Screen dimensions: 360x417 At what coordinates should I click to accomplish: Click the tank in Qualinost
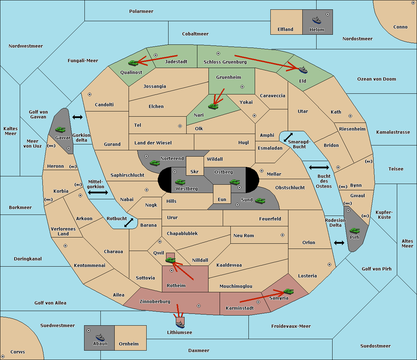tap(133, 63)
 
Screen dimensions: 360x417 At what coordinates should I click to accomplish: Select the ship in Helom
tap(317, 20)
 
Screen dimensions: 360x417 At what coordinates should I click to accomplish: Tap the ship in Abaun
tap(100, 337)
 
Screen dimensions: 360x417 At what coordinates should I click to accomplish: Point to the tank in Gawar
tap(60, 129)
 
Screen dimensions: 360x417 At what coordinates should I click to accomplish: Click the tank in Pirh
tap(355, 231)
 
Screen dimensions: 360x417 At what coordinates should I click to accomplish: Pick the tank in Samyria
tap(288, 291)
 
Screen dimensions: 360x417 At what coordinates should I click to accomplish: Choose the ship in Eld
tap(303, 70)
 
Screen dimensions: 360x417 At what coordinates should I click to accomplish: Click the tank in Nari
tap(213, 106)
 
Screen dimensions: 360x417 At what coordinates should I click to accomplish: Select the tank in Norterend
tap(155, 162)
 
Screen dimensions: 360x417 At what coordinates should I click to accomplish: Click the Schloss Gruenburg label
tap(225, 62)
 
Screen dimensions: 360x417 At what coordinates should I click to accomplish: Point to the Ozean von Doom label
tap(377, 79)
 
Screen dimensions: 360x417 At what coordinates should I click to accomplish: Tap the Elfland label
tap(285, 30)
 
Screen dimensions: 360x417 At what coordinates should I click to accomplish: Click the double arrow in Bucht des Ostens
tap(319, 168)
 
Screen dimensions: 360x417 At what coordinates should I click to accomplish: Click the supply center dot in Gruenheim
tap(242, 87)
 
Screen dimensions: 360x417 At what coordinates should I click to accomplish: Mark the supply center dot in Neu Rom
tap(283, 235)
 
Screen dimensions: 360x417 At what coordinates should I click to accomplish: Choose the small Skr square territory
tap(195, 166)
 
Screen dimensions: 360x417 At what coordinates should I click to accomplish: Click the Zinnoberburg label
tap(155, 301)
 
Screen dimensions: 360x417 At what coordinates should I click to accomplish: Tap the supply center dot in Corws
tap(3, 357)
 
